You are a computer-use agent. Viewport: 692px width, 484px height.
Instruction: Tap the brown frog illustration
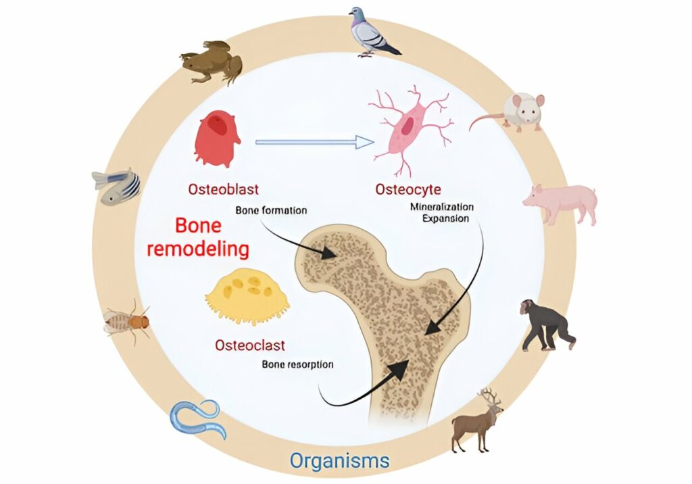pos(212,62)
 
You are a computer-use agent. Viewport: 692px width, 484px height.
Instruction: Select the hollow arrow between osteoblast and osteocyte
pos(315,142)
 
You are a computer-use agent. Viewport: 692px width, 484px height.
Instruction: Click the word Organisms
pos(339,460)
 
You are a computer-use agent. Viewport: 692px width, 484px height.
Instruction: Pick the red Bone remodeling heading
pos(198,237)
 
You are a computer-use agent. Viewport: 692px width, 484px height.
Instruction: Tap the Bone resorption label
pos(297,364)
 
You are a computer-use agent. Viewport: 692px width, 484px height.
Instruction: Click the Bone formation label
pos(271,210)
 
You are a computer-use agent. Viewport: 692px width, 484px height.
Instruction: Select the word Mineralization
pos(442,207)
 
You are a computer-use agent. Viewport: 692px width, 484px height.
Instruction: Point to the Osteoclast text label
pos(250,345)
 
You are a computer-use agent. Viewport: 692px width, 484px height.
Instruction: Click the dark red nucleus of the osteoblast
pos(218,123)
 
